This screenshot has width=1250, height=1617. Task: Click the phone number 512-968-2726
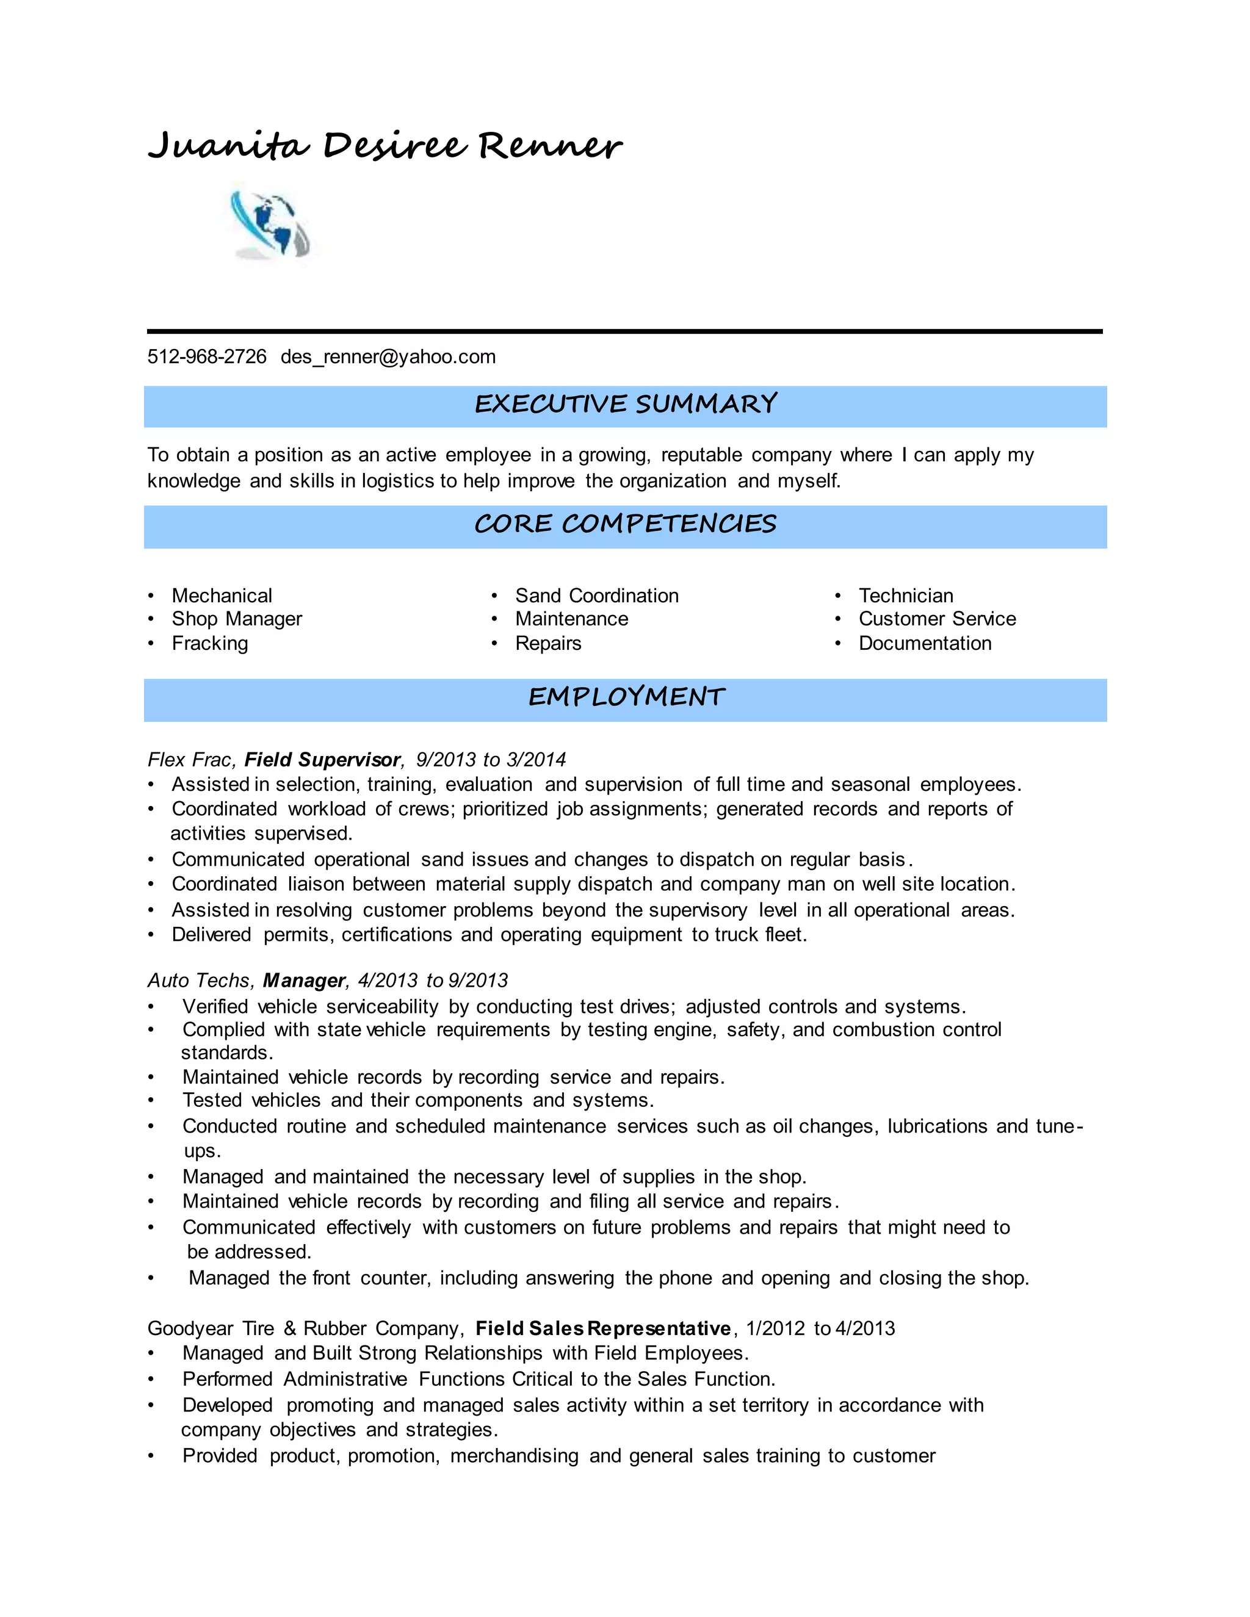pyautogui.click(x=207, y=357)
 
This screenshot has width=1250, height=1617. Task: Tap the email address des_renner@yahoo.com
pyautogui.click(x=388, y=357)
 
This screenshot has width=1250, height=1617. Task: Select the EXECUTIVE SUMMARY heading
pyautogui.click(x=625, y=404)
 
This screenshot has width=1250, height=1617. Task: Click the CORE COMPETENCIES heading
pyautogui.click(x=625, y=524)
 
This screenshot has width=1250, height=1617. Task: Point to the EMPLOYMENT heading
pyautogui.click(x=626, y=697)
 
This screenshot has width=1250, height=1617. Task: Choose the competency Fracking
pyautogui.click(x=209, y=643)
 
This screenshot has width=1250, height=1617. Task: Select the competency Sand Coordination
pyautogui.click(x=597, y=596)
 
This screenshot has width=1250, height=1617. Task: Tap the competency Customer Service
pyautogui.click(x=937, y=619)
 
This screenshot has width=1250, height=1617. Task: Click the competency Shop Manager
pyautogui.click(x=237, y=619)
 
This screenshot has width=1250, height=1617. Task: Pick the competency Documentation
pyautogui.click(x=925, y=643)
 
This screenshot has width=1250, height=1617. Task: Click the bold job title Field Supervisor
pyautogui.click(x=323, y=760)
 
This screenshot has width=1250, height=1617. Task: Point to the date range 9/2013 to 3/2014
pyautogui.click(x=490, y=760)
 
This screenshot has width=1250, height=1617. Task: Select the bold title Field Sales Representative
pyautogui.click(x=603, y=1328)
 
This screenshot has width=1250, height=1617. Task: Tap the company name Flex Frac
pyautogui.click(x=190, y=760)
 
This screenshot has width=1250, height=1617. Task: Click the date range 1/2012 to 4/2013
pyautogui.click(x=820, y=1328)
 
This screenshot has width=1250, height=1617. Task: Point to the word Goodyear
pyautogui.click(x=190, y=1328)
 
